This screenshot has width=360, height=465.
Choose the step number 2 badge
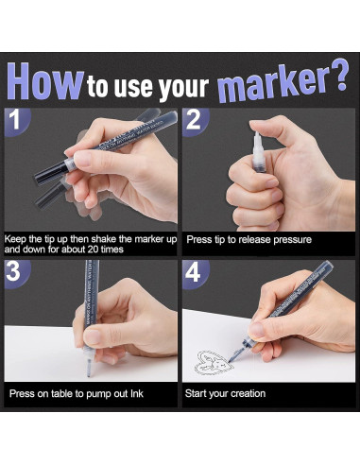[195, 122]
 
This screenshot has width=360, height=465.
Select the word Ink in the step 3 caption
[147, 392]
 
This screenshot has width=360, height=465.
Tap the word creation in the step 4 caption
[245, 392]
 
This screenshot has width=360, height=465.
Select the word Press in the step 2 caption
[197, 239]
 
